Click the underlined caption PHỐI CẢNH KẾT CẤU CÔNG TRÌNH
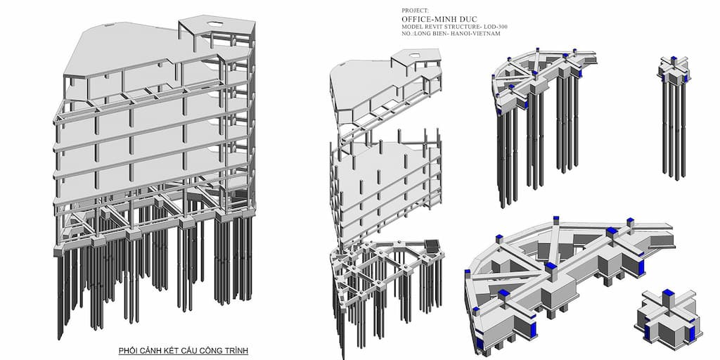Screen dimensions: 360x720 (x=183, y=350)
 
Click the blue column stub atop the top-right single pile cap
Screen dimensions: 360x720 (x=673, y=60)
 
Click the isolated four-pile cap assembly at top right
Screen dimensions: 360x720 (x=674, y=112)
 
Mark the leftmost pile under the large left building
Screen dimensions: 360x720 (x=60, y=295)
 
